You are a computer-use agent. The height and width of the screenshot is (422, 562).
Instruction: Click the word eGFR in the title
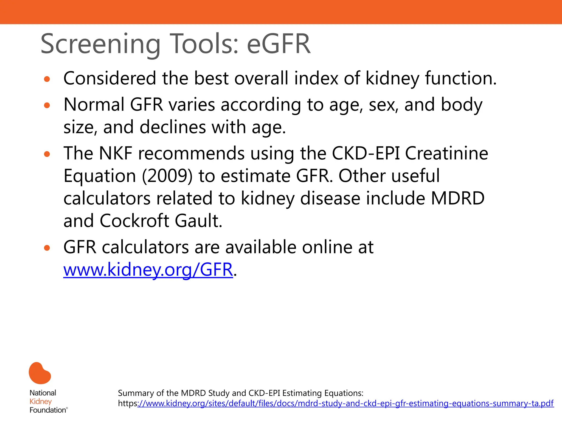click(279, 44)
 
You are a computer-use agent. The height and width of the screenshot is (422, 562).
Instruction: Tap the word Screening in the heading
click(100, 44)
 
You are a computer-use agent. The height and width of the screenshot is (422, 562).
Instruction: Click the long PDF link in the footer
click(345, 403)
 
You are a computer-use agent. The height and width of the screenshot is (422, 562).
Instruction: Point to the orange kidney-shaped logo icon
click(40, 373)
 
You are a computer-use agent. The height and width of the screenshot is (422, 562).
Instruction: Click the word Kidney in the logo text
click(41, 401)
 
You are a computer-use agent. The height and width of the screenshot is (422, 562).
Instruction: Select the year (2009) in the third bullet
click(167, 176)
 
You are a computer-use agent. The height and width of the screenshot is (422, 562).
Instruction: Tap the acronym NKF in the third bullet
click(116, 153)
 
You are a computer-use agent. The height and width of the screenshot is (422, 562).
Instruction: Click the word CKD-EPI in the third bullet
click(365, 153)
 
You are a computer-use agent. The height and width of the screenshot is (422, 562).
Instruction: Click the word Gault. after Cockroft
click(198, 221)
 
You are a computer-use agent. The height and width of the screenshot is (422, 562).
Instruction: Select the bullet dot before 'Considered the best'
click(47, 79)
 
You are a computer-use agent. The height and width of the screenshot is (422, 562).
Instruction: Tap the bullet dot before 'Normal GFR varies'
click(47, 105)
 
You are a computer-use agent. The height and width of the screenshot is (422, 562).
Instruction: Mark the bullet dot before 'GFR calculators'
click(47, 248)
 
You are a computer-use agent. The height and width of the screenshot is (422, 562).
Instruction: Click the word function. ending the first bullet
click(461, 78)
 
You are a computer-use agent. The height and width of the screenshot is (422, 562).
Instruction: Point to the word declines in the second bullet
click(173, 127)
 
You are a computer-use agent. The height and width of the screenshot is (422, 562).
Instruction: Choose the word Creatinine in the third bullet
click(446, 153)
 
